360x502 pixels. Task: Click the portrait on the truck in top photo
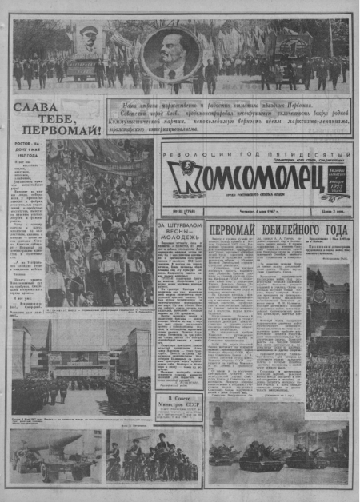tap(86, 40)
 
